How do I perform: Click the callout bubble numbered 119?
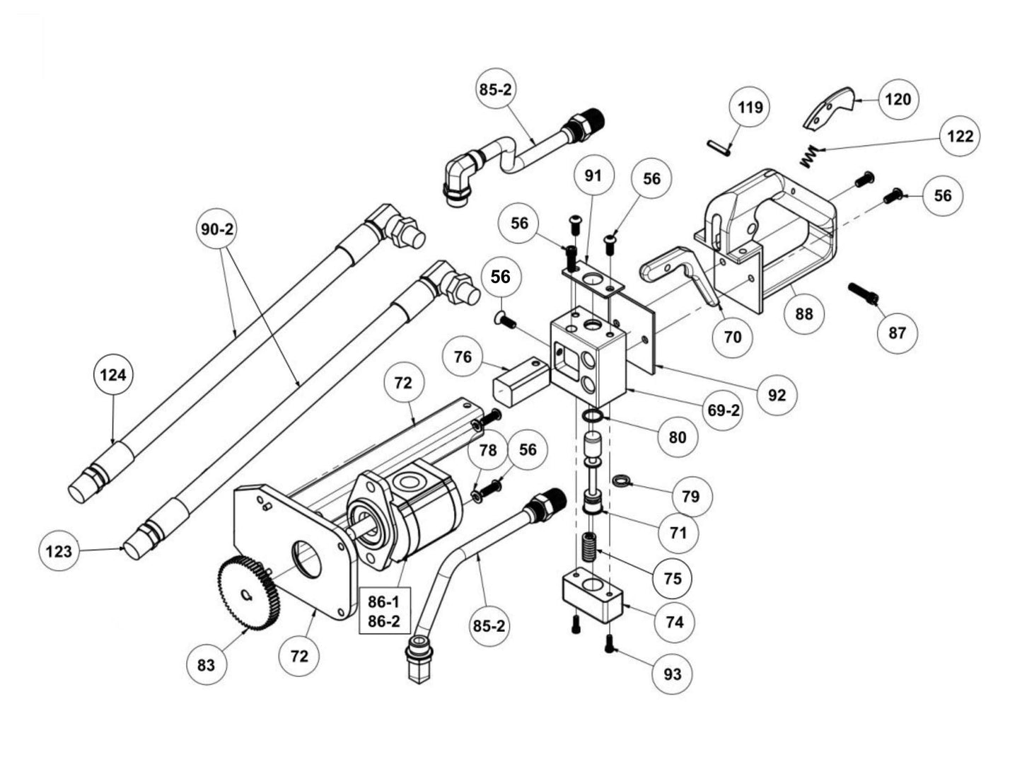[750, 108]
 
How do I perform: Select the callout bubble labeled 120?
[898, 99]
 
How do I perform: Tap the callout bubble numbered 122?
[960, 137]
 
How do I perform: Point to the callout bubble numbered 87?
[897, 333]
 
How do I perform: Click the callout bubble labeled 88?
[804, 313]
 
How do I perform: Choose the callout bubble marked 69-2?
[724, 410]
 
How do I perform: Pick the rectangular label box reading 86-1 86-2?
[383, 611]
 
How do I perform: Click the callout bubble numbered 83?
[206, 666]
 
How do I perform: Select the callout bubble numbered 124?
[113, 374]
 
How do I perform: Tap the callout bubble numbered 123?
[59, 550]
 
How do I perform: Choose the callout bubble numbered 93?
[673, 674]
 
